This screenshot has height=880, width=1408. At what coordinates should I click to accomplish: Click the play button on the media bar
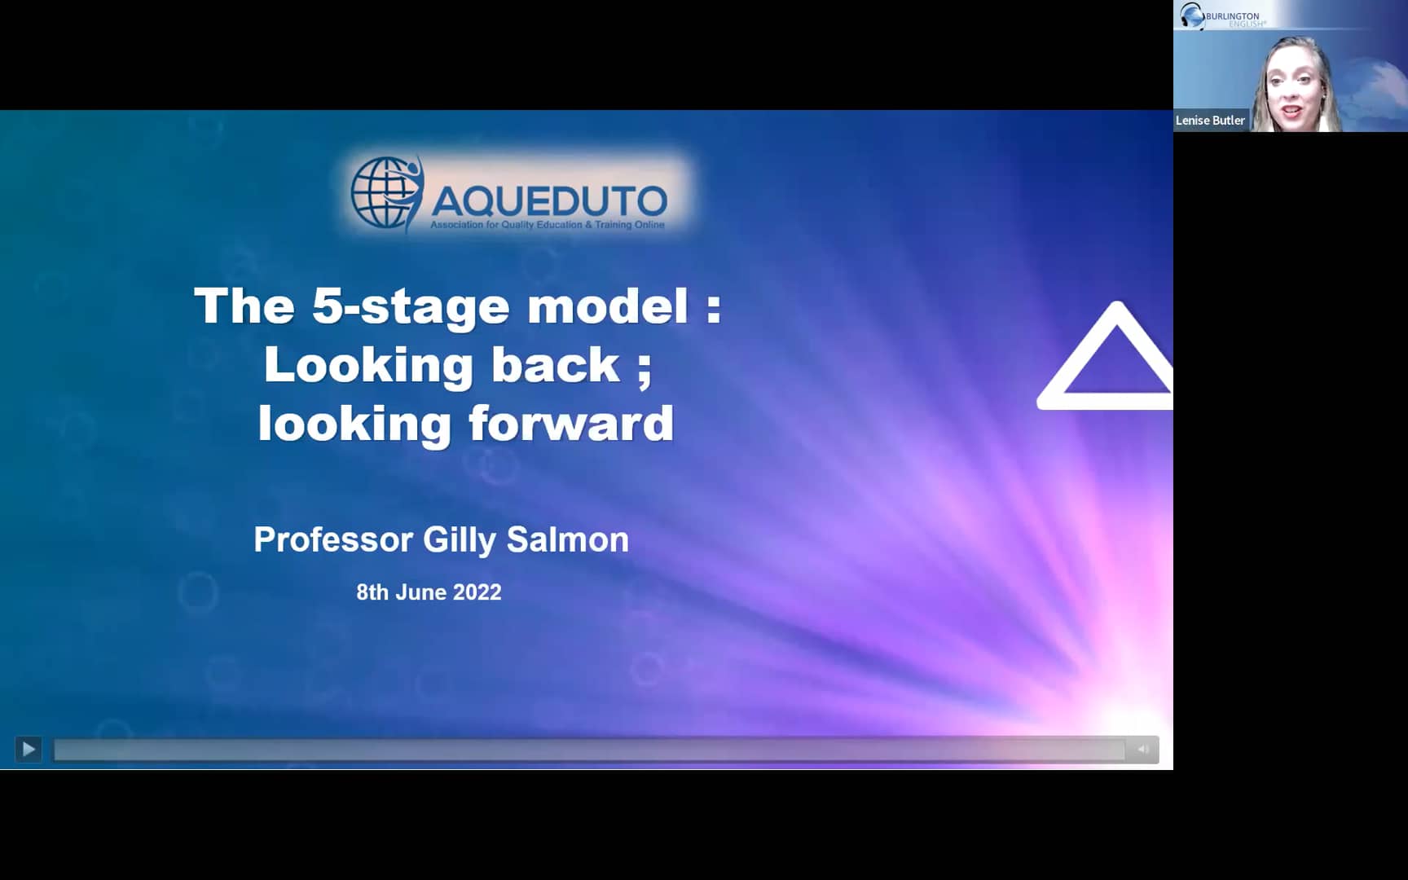pyautogui.click(x=29, y=749)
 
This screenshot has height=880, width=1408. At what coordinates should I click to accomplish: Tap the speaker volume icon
pyautogui.click(x=1142, y=749)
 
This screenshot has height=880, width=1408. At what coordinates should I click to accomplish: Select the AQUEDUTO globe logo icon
pyautogui.click(x=385, y=193)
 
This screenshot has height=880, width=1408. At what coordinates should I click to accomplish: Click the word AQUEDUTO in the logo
pyautogui.click(x=548, y=200)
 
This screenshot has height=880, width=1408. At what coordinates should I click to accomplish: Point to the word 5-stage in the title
pyautogui.click(x=411, y=306)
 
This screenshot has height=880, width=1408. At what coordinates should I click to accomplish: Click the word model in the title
pyautogui.click(x=608, y=306)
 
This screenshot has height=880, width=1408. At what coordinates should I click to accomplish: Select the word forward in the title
pyautogui.click(x=571, y=424)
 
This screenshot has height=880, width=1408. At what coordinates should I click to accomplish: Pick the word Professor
pyautogui.click(x=332, y=539)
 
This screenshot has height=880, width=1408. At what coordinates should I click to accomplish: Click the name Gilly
pyautogui.click(x=459, y=540)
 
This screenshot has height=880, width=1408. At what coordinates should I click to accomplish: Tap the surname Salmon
pyautogui.click(x=568, y=539)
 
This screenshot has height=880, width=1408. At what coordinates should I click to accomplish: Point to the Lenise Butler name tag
pyautogui.click(x=1210, y=121)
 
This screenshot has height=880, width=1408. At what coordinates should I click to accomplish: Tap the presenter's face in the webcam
pyautogui.click(x=1292, y=86)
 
